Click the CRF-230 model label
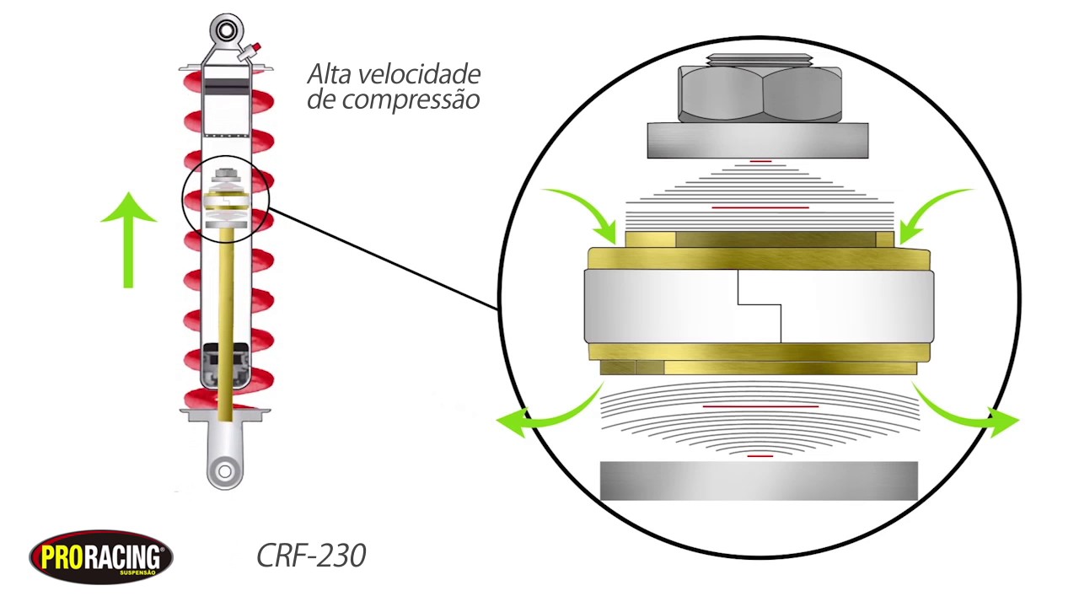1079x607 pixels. click(311, 556)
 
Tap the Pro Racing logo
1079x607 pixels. click(101, 556)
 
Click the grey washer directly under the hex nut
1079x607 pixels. click(758, 140)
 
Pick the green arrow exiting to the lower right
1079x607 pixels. click(969, 413)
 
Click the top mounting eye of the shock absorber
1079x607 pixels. click(225, 31)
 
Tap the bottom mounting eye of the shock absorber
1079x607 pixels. click(224, 470)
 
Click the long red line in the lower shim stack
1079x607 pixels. click(760, 406)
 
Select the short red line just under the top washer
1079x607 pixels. click(760, 159)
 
